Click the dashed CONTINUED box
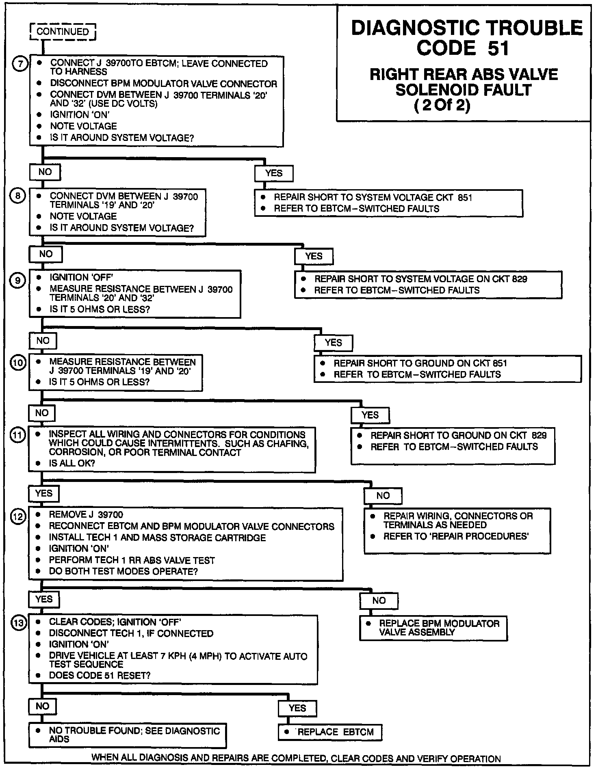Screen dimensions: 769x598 63,32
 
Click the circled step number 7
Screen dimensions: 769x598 20,64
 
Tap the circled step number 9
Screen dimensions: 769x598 18,280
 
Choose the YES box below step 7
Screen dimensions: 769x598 273,173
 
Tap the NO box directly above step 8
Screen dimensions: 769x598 45,172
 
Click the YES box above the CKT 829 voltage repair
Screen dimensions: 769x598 314,256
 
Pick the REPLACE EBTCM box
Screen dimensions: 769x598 330,732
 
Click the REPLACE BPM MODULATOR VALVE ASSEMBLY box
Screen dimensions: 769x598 433,628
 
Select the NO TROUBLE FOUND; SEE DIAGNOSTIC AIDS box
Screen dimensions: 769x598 127,735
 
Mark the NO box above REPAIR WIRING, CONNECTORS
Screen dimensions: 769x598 383,496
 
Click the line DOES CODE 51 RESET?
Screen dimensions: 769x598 100,676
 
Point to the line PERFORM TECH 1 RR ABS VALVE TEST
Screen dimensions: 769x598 132,560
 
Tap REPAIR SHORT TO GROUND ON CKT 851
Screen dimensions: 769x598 420,363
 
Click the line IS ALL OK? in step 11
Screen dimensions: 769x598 72,463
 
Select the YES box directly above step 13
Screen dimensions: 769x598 44,599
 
